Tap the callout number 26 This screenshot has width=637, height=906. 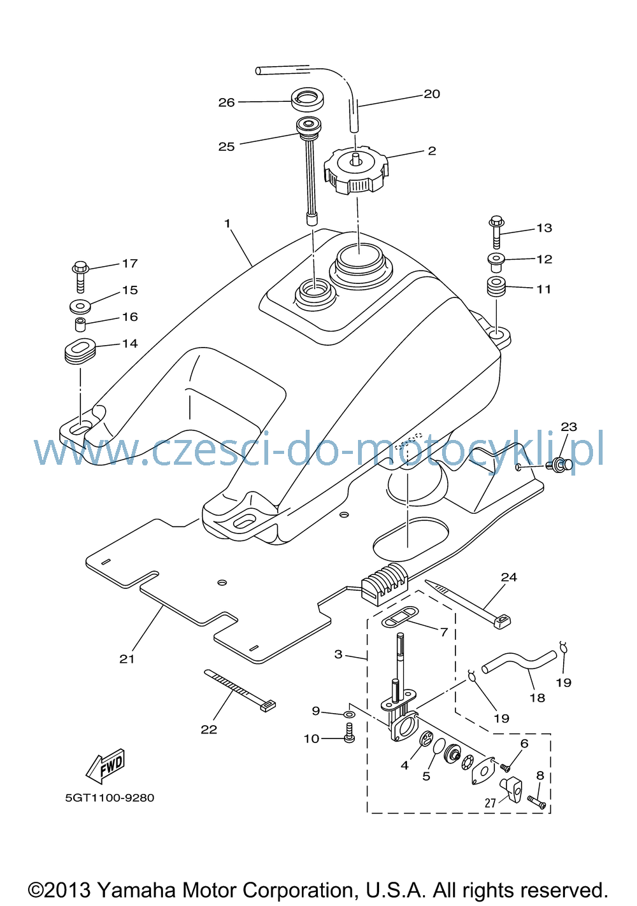(x=227, y=103)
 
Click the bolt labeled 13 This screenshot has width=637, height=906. (x=497, y=232)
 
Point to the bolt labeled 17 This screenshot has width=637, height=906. (x=80, y=277)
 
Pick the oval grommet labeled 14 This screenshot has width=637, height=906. (x=80, y=351)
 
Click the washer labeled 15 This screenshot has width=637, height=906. (x=80, y=306)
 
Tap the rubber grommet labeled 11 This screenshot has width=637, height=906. (x=496, y=287)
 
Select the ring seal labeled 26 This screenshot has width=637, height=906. (x=308, y=99)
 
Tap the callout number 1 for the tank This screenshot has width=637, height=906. (x=227, y=223)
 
